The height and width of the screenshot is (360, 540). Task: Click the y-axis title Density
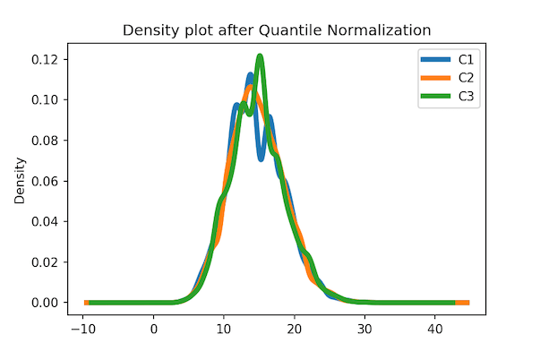(x=20, y=181)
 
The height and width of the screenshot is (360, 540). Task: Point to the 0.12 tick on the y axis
(x=47, y=59)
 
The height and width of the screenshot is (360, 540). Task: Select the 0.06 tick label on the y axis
(x=47, y=181)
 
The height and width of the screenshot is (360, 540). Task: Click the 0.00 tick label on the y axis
(x=47, y=303)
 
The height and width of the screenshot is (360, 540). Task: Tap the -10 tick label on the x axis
(x=82, y=329)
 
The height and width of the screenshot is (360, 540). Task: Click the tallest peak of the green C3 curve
(x=260, y=56)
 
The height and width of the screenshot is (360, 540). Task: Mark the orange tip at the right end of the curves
(x=464, y=303)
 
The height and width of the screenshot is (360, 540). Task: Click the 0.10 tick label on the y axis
(x=47, y=99)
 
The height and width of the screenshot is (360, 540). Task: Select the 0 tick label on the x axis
(x=154, y=329)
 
